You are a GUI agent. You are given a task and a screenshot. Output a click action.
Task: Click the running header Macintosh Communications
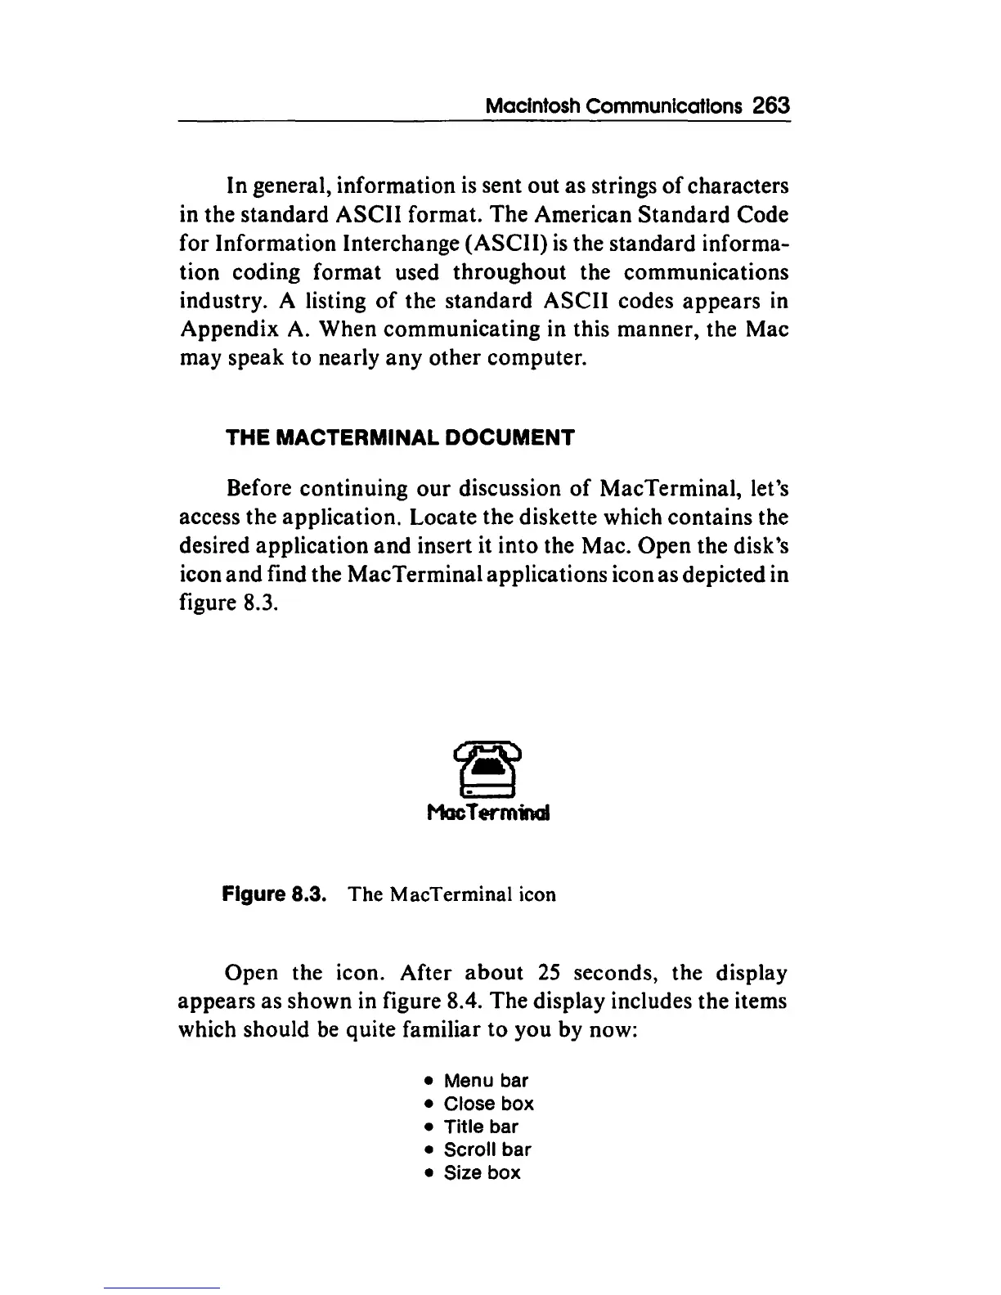coord(614,106)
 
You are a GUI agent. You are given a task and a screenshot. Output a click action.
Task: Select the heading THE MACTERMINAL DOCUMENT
coord(401,437)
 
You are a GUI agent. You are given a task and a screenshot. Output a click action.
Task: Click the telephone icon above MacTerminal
coord(488,770)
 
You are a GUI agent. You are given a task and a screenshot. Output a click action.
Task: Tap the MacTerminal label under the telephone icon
coord(489,813)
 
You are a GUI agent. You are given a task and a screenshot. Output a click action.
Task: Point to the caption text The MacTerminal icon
coord(452,894)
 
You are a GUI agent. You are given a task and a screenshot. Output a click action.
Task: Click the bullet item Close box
coord(488,1104)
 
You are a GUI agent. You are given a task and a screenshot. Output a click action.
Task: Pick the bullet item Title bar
coord(481,1127)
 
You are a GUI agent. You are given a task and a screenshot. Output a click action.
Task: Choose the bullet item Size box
coord(482,1172)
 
